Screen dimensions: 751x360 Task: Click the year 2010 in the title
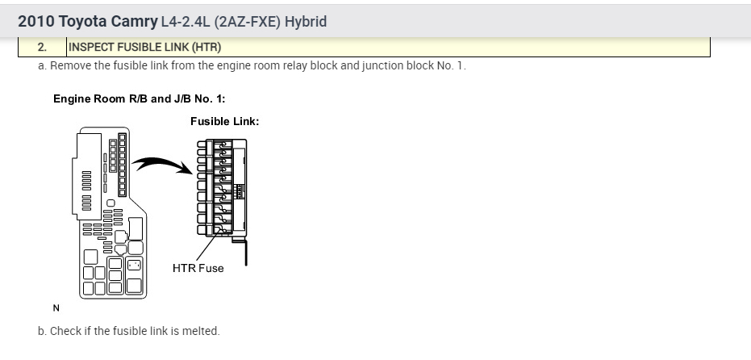35,21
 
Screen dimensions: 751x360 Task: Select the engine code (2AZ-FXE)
241,21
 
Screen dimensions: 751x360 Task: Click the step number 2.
42,48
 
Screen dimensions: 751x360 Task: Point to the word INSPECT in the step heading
92,48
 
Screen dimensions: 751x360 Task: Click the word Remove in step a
72,65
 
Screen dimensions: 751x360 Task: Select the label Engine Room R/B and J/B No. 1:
139,98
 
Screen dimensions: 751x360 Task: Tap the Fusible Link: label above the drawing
224,121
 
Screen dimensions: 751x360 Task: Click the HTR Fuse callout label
198,268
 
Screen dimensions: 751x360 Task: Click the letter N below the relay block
56,307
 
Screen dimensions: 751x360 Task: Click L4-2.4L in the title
186,21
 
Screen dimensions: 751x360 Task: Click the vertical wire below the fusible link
245,250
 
